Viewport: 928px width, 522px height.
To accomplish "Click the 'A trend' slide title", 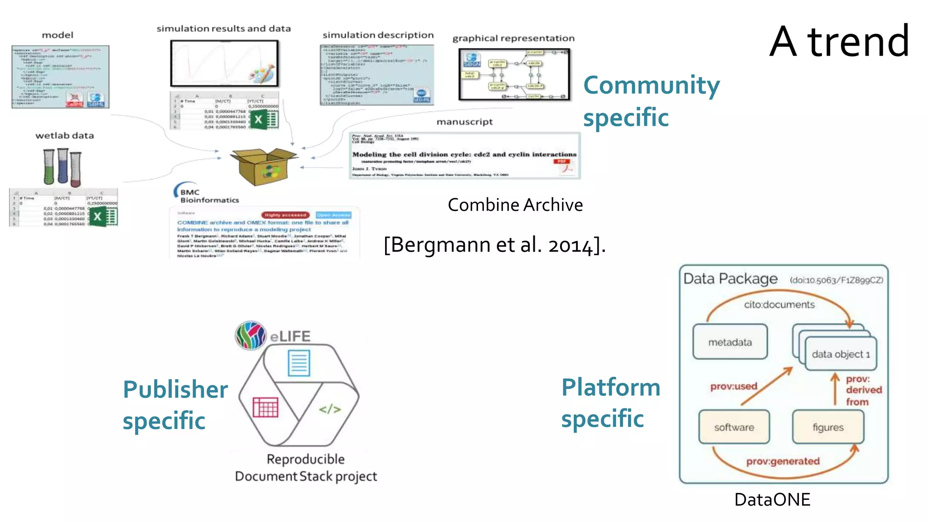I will (x=839, y=42).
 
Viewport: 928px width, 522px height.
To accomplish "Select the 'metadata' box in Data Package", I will (x=730, y=342).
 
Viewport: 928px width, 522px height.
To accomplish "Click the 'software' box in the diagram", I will (x=734, y=427).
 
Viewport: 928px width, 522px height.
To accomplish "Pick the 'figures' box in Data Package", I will (x=828, y=427).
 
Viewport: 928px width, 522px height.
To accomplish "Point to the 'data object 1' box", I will (x=841, y=354).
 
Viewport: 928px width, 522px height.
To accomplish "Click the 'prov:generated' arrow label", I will (x=783, y=461).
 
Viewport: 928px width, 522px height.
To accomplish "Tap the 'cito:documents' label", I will (x=779, y=305).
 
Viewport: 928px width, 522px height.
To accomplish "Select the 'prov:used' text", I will (x=734, y=386).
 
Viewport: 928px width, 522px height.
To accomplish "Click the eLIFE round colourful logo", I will (x=251, y=335).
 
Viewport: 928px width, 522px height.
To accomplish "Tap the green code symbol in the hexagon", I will (x=329, y=409).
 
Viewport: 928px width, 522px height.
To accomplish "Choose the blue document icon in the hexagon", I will (x=299, y=363).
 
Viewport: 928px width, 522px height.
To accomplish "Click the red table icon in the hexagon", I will (x=266, y=407).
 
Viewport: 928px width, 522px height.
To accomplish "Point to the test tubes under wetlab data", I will (x=63, y=167).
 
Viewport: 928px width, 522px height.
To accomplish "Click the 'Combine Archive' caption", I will (x=515, y=205).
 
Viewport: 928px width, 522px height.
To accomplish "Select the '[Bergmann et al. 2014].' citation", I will (x=494, y=245).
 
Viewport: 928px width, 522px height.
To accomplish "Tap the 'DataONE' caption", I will (x=772, y=500).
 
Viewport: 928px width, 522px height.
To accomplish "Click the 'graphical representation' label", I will (x=513, y=38).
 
